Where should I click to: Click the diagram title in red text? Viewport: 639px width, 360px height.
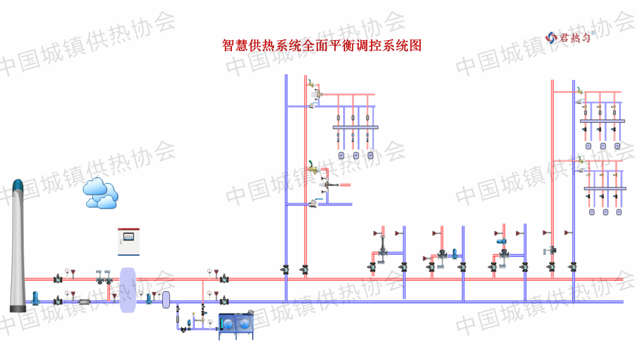click(x=321, y=46)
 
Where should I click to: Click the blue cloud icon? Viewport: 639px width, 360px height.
click(x=100, y=193)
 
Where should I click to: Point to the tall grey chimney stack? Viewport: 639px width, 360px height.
click(x=18, y=246)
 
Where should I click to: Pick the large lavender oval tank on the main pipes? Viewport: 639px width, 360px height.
click(x=128, y=290)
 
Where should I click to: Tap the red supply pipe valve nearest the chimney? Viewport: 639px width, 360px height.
click(x=58, y=278)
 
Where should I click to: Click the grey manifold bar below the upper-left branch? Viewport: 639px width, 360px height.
click(x=354, y=127)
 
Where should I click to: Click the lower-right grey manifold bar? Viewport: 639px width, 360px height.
click(x=605, y=188)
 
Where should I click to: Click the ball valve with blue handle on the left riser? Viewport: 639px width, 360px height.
click(x=312, y=205)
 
